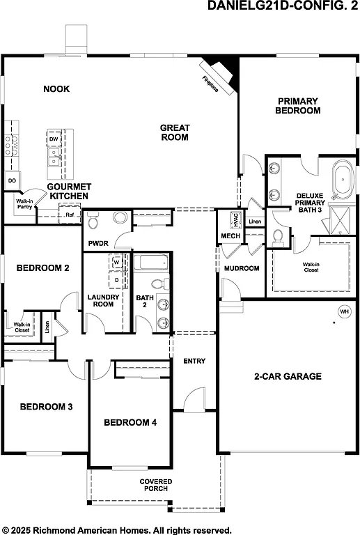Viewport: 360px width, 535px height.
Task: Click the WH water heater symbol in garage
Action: pyautogui.click(x=344, y=311)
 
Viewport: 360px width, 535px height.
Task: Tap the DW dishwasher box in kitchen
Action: pyautogui.click(x=54, y=139)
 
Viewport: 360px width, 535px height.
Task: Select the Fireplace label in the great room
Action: pyautogui.click(x=210, y=84)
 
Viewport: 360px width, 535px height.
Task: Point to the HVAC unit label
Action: pyautogui.click(x=236, y=219)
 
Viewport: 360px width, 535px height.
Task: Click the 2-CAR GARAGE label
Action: pyautogui.click(x=287, y=376)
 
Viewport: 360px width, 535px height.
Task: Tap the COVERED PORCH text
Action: pyautogui.click(x=155, y=485)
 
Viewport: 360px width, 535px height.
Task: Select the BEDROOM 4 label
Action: pyautogui.click(x=130, y=422)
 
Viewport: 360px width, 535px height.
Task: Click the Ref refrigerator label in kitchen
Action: pyautogui.click(x=70, y=215)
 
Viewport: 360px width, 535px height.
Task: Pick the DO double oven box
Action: pyautogui.click(x=12, y=180)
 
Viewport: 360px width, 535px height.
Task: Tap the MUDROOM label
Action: pyautogui.click(x=241, y=268)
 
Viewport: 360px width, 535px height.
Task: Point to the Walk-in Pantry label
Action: pyautogui.click(x=26, y=203)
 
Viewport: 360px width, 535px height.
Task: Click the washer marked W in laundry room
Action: pyautogui.click(x=116, y=263)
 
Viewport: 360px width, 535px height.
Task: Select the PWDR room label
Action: pyautogui.click(x=96, y=244)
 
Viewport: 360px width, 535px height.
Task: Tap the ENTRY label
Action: pyautogui.click(x=194, y=361)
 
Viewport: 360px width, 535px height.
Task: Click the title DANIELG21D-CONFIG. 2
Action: pyautogui.click(x=283, y=6)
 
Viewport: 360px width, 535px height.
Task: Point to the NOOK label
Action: pyautogui.click(x=56, y=88)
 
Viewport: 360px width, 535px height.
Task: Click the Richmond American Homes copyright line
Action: pyautogui.click(x=117, y=529)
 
